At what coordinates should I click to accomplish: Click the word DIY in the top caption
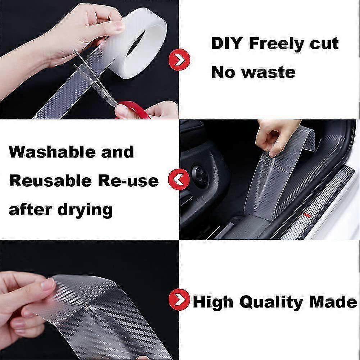coord(227,43)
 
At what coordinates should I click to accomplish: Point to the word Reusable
coord(50,181)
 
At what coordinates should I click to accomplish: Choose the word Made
coord(333,301)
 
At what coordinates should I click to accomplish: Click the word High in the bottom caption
coord(213,302)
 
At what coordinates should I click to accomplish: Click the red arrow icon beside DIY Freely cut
coord(179,60)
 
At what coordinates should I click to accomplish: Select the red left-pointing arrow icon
coord(179,179)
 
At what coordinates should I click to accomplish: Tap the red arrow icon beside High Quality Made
coord(179,300)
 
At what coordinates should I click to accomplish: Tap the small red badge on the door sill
coord(306,215)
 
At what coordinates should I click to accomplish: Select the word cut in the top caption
coord(324,44)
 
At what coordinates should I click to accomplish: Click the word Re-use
coord(128,181)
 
